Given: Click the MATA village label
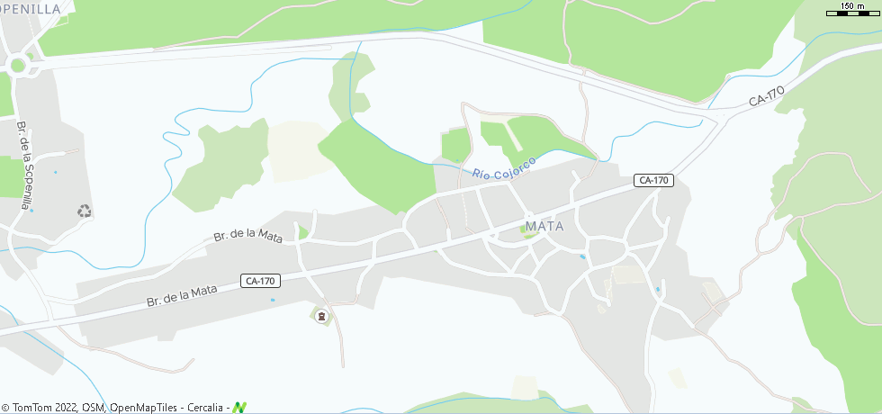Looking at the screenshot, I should (544, 226).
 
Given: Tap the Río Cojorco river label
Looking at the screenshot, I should (504, 166).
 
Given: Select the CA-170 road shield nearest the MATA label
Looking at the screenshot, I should (653, 180).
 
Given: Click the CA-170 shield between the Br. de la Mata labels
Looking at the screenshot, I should (259, 281).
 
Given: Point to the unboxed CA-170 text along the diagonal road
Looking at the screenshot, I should (768, 96).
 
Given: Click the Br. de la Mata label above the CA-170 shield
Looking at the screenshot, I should (247, 237).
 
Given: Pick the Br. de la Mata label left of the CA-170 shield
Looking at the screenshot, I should (183, 296).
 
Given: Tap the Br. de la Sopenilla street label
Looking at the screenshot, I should (25, 165).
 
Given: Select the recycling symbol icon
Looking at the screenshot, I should (85, 211).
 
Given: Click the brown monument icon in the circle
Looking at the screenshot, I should (321, 316).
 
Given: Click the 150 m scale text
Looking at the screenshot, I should (852, 6).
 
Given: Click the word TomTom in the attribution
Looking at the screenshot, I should (31, 408).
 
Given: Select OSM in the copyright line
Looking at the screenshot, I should (93, 408).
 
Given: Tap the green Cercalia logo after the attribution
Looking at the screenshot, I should (239, 408).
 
